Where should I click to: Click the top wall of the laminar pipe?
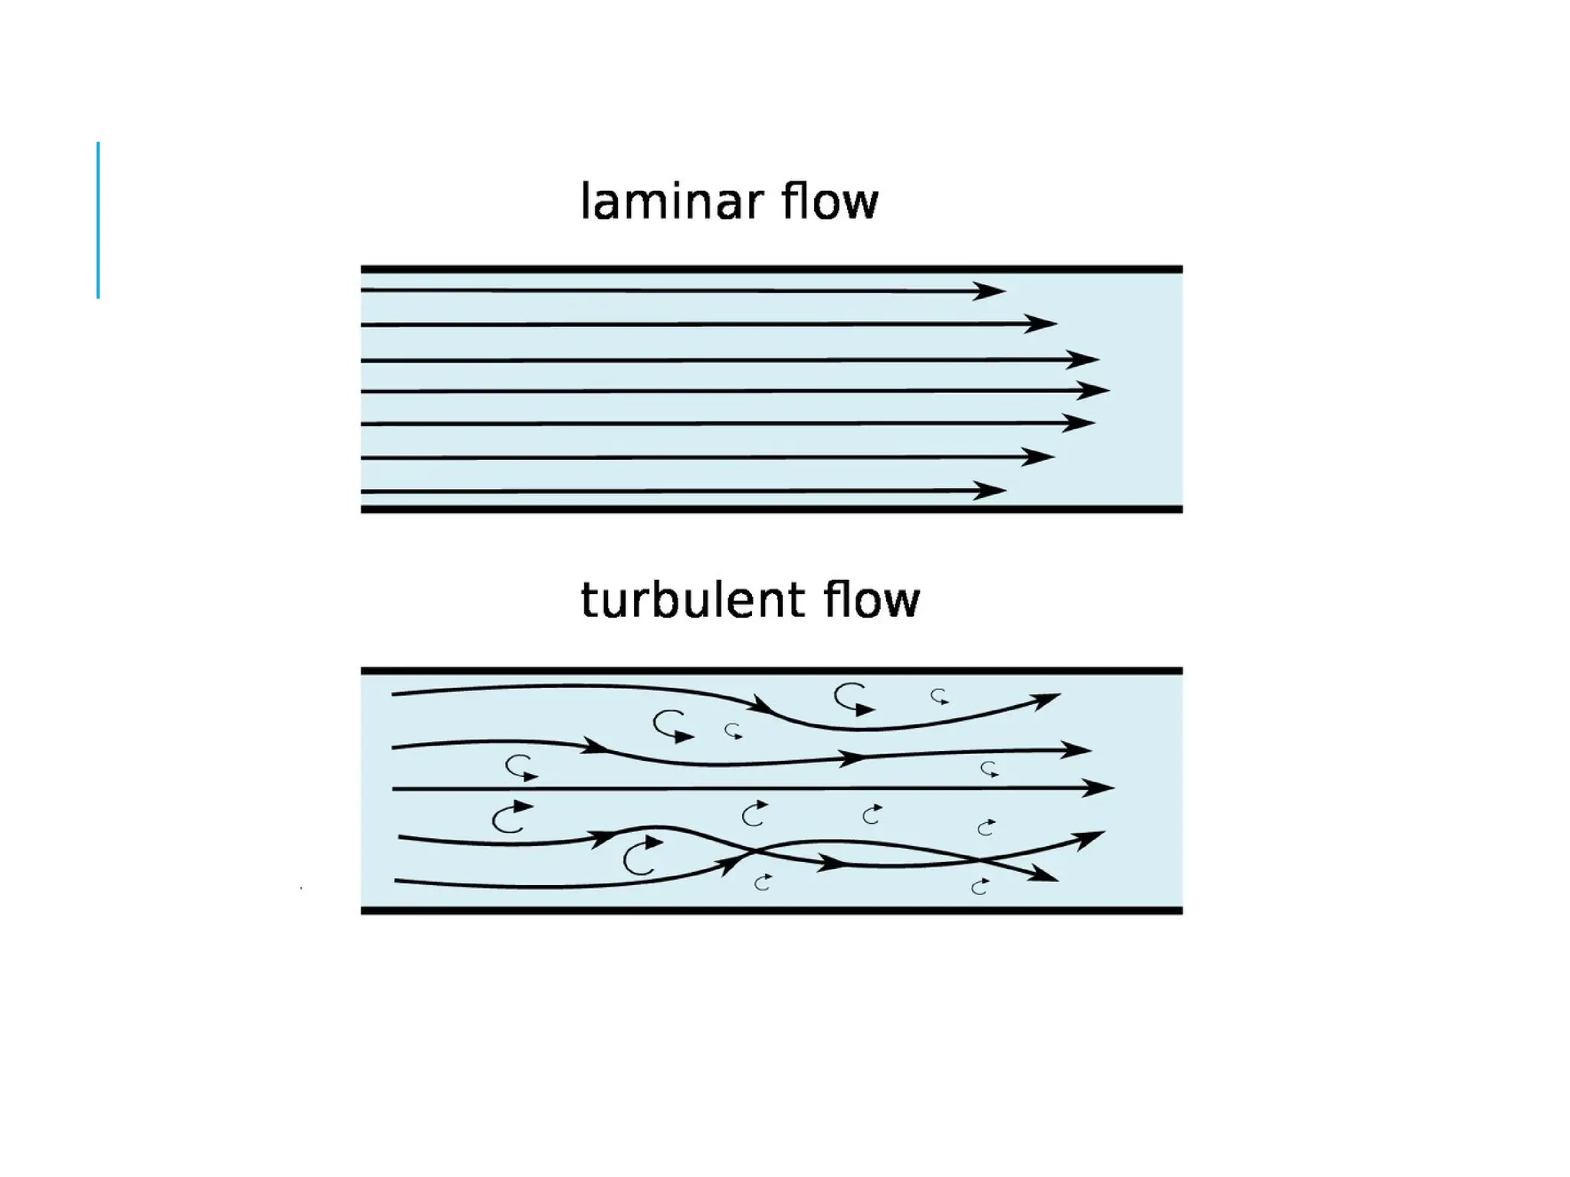pos(771,270)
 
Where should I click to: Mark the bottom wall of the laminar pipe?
pos(771,509)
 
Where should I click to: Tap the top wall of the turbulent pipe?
pos(771,671)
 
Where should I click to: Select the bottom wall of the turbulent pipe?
pos(771,910)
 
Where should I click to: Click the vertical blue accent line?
pos(98,220)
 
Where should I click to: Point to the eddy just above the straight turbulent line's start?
pos(521,768)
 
